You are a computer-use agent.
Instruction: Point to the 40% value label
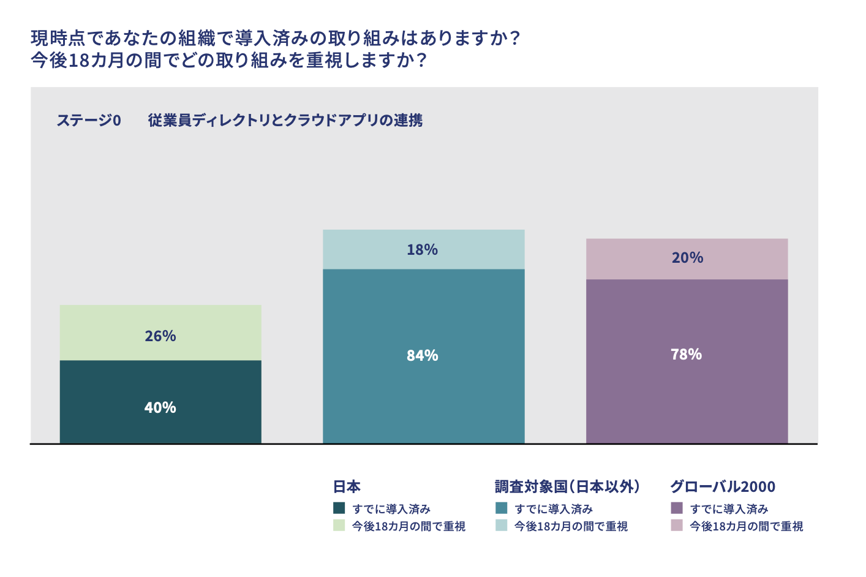pyautogui.click(x=160, y=408)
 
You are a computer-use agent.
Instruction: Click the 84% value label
pyautogui.click(x=423, y=356)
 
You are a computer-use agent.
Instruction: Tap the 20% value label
pyautogui.click(x=687, y=258)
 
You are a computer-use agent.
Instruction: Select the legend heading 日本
pyautogui.click(x=347, y=487)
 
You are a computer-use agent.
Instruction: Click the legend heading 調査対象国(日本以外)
pyautogui.click(x=567, y=487)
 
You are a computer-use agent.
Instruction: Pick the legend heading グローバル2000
pyautogui.click(x=723, y=487)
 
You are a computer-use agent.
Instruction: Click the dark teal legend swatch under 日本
pyautogui.click(x=339, y=508)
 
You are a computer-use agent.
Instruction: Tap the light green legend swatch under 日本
pyautogui.click(x=339, y=526)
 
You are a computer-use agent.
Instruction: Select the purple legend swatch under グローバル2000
pyautogui.click(x=677, y=508)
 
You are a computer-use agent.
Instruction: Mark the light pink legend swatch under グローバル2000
pyautogui.click(x=677, y=526)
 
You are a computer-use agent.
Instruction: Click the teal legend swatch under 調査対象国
pyautogui.click(x=502, y=508)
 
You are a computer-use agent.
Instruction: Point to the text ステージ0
pyautogui.click(x=89, y=121)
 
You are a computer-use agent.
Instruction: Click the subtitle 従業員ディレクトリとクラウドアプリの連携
pyautogui.click(x=285, y=121)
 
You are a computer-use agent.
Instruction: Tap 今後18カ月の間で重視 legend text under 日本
pyautogui.click(x=409, y=526)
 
